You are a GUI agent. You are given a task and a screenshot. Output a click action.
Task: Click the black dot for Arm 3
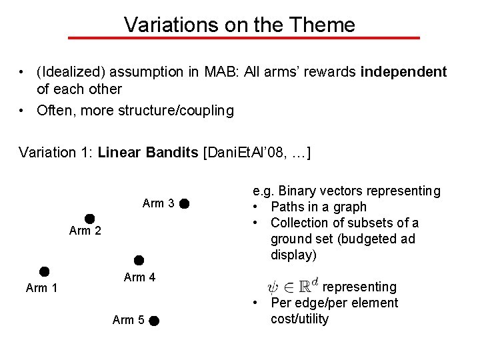pos(185,203)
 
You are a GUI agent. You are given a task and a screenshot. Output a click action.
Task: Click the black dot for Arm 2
pos(89,218)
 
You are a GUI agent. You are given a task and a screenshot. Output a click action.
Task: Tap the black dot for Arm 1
pos(44,271)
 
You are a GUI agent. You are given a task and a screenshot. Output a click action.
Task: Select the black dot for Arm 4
pos(139,260)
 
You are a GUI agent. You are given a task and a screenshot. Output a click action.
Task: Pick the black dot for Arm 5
pos(153,321)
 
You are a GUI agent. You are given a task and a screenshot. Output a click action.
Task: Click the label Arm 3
pos(159,203)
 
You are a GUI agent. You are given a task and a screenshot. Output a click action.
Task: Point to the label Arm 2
pos(85,231)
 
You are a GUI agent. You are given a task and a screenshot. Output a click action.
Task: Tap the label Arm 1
pos(41,288)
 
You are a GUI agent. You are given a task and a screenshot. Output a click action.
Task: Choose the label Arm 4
pos(140,277)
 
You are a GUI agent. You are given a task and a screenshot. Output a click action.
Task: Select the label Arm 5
pos(129,320)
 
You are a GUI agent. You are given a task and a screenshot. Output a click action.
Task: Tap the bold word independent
pos(403,71)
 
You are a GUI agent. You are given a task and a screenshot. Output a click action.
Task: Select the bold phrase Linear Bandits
pos(147,152)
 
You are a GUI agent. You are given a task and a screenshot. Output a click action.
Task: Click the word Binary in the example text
pos(295,191)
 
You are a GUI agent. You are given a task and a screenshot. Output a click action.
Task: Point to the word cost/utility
pos(299,319)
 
